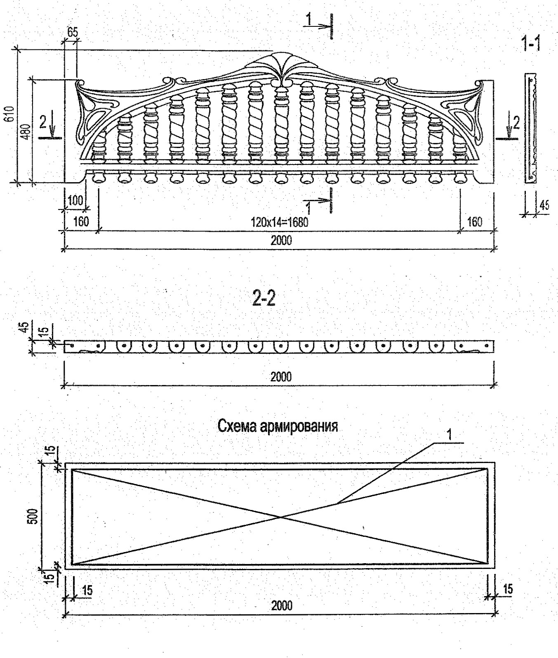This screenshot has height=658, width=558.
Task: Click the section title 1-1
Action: click(531, 43)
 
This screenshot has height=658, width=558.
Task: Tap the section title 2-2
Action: click(264, 300)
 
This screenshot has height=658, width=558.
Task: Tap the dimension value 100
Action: click(75, 201)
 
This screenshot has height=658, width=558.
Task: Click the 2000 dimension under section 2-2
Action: click(281, 376)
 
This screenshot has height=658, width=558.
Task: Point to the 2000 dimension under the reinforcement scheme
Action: click(282, 605)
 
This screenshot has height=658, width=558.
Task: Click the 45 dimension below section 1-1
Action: click(544, 205)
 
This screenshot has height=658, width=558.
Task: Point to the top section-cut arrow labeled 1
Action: click(319, 25)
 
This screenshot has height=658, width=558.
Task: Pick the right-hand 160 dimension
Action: click(475, 222)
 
